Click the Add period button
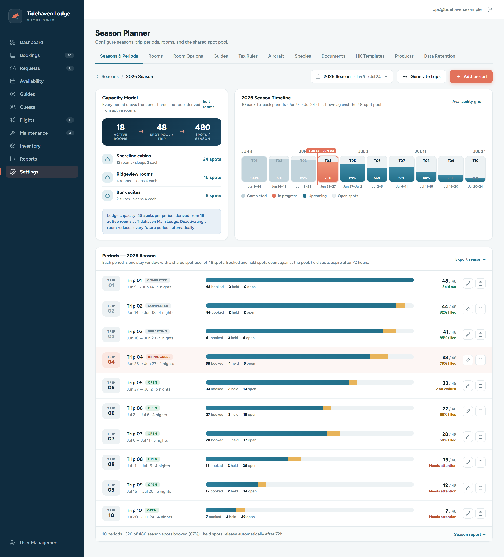471,76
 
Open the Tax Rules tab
248,56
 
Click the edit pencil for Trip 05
468,386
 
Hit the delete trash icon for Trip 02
481,309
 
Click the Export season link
470,259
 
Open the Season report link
470,534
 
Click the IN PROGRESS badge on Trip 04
159,357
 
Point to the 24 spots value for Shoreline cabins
212,159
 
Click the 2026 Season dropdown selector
352,76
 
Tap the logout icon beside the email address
490,9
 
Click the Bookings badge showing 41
69,55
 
